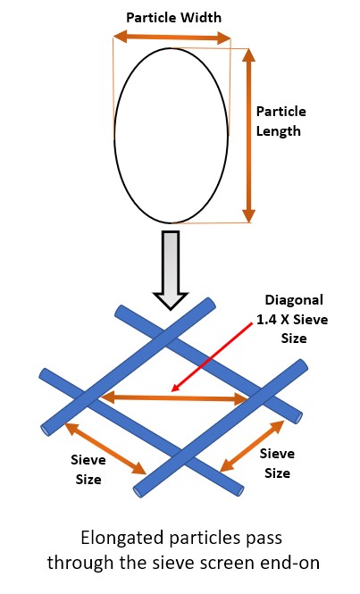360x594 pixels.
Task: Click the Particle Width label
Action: click(x=173, y=18)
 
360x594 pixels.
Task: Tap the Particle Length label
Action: click(x=280, y=121)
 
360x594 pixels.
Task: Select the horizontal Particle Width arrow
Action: click(x=172, y=38)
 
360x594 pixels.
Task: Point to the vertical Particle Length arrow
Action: click(x=248, y=136)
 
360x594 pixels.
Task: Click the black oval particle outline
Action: click(x=114, y=135)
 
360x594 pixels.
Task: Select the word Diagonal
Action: click(x=294, y=300)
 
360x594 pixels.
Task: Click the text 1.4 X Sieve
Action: click(x=292, y=320)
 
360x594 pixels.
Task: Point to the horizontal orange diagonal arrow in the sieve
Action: click(x=175, y=398)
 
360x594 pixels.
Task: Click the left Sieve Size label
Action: click(x=88, y=470)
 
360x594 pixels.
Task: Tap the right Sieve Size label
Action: click(x=277, y=463)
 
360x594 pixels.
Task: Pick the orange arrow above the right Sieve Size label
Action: click(x=252, y=446)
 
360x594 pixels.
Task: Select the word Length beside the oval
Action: click(x=279, y=131)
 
